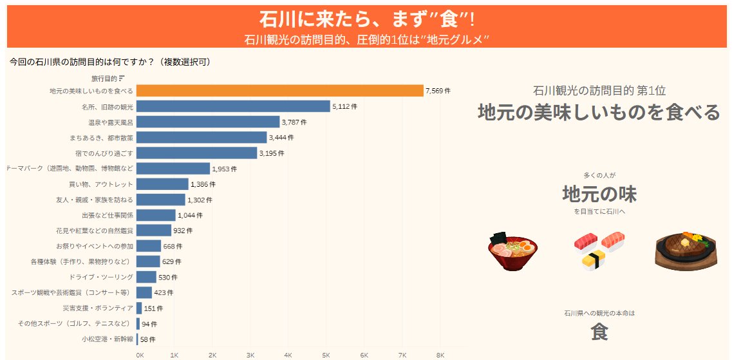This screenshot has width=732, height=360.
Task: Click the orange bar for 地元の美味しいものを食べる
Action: pyautogui.click(x=279, y=91)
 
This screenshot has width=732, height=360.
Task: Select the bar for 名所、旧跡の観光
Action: pyautogui.click(x=233, y=106)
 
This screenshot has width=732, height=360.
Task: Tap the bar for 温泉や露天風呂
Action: pyautogui.click(x=208, y=122)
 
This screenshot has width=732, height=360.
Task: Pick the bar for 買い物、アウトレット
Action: pyautogui.click(x=162, y=184)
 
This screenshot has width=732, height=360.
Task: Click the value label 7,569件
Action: pyautogui.click(x=438, y=91)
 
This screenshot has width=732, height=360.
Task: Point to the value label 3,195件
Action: pyautogui.click(x=271, y=153)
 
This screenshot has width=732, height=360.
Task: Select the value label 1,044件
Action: pyautogui.click(x=190, y=215)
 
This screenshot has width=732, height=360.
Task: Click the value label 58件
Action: pyautogui.click(x=147, y=339)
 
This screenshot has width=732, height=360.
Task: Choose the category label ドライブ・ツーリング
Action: pyautogui.click(x=101, y=277)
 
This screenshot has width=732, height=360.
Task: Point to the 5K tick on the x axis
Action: pyautogui.click(x=326, y=355)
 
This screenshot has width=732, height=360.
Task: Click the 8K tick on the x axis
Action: pyautogui.click(x=440, y=355)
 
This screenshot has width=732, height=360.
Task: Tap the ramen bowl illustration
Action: pyautogui.click(x=512, y=252)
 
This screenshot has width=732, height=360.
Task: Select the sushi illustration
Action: pyautogui.click(x=599, y=250)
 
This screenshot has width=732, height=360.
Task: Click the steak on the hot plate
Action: pyautogui.click(x=684, y=250)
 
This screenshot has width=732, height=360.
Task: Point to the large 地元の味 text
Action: pyautogui.click(x=599, y=193)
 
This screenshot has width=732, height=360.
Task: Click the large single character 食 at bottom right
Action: pyautogui.click(x=599, y=332)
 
